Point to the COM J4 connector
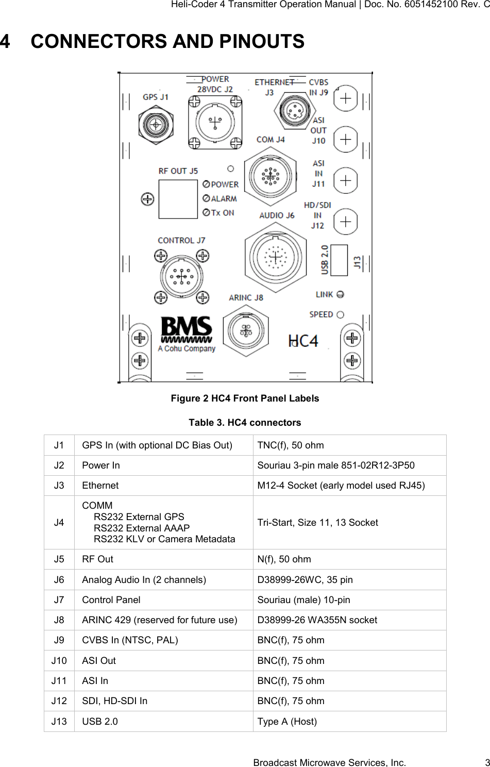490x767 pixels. (x=270, y=176)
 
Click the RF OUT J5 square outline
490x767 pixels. (x=178, y=199)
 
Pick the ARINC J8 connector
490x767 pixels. (x=246, y=329)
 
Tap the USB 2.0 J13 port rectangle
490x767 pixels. (x=339, y=259)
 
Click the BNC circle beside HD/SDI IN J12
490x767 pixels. (x=346, y=222)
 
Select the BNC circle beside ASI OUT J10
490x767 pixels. (x=346, y=139)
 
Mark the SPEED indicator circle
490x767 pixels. (x=340, y=314)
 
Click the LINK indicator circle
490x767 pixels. (x=340, y=294)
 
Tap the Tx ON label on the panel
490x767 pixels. (x=222, y=212)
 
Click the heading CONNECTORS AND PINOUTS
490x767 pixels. (x=167, y=41)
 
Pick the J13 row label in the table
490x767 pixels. (x=59, y=721)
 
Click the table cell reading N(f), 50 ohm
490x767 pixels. (x=284, y=559)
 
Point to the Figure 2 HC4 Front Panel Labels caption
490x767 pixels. (x=245, y=398)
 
